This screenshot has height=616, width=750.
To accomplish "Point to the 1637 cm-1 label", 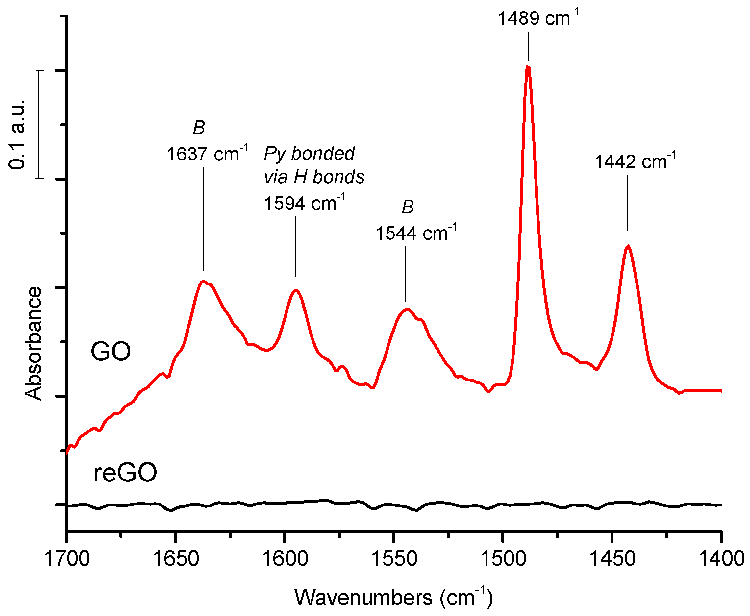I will tap(207, 154).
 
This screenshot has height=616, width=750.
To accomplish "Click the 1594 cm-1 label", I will tap(304, 203).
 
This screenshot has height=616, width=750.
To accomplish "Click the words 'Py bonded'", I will tap(309, 153).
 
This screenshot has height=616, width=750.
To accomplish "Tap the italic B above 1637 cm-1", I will tap(199, 127).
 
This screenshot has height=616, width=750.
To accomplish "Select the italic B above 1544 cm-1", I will tap(408, 207).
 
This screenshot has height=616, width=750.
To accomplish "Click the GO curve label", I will tap(111, 351).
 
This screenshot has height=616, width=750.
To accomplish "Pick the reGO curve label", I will tap(125, 473).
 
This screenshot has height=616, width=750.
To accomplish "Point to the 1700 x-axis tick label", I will tap(67, 559).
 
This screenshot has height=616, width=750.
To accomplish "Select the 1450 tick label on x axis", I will tap(612, 559).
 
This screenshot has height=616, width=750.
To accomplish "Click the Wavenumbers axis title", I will tap(393, 598).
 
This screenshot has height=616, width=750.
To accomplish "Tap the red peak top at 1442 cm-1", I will tap(628, 246).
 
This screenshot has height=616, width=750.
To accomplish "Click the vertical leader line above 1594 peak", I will tap(296, 247).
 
